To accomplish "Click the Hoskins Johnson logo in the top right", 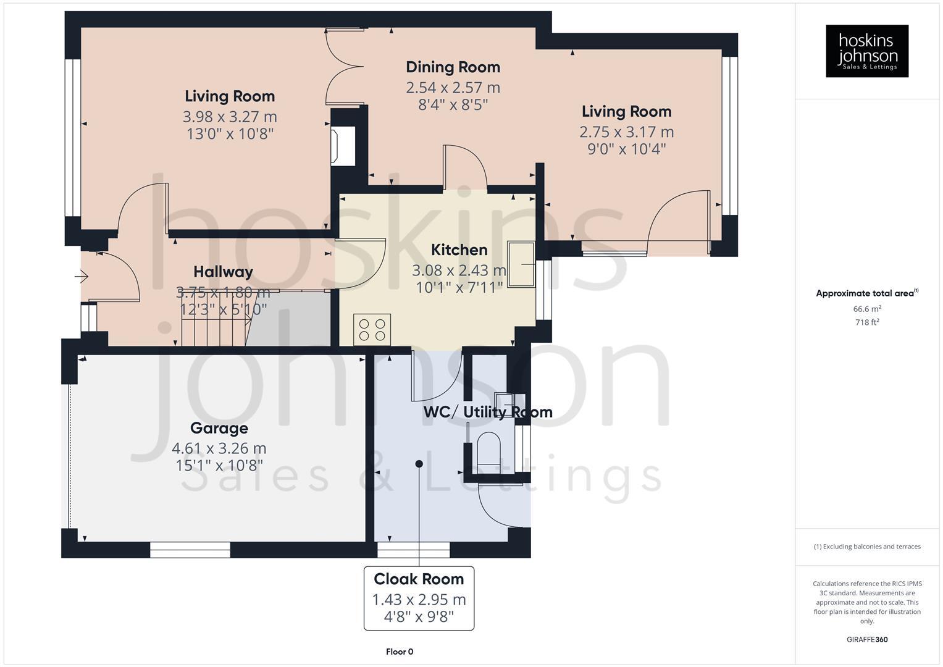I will click(x=866, y=51).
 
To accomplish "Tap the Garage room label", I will click(x=219, y=428).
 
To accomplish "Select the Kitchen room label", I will click(x=459, y=250).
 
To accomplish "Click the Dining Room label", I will click(x=453, y=67).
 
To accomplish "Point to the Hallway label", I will click(x=223, y=272).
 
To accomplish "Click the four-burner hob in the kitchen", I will click(x=372, y=329).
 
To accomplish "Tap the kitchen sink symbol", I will click(x=521, y=265).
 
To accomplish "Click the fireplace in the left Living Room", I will click(x=339, y=145).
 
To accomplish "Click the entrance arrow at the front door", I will click(x=83, y=277).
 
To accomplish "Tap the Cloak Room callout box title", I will click(x=419, y=579).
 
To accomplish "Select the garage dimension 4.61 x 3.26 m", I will click(x=219, y=448).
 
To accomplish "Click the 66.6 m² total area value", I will click(x=867, y=309).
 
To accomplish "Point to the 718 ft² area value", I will click(x=867, y=322).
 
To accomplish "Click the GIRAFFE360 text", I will click(x=867, y=640).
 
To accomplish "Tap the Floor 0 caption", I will click(x=400, y=652).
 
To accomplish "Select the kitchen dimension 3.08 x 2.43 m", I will click(x=459, y=271).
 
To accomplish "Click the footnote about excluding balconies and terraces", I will click(x=867, y=547).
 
